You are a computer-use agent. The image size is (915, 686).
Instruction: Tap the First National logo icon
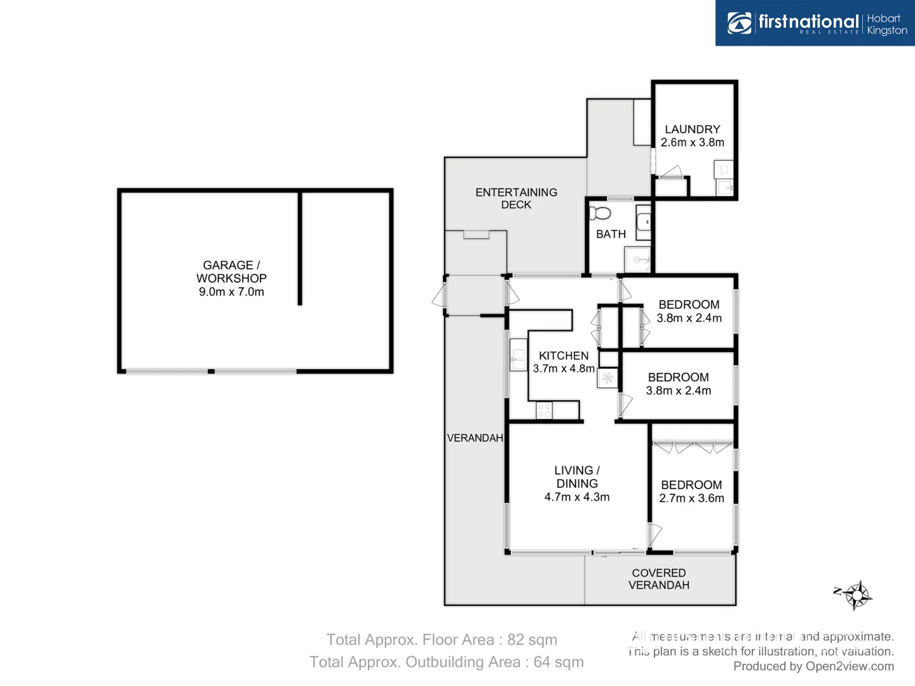(740, 23)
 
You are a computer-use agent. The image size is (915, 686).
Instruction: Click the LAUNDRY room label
(692, 129)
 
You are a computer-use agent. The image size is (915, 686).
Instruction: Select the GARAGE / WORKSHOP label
(231, 272)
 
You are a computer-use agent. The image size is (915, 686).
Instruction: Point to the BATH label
(611, 234)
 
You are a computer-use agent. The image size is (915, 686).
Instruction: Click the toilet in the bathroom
(600, 213)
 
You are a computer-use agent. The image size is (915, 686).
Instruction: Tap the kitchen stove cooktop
(545, 410)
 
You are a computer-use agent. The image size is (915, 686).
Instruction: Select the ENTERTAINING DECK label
(516, 198)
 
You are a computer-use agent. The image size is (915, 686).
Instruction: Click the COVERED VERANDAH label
(659, 579)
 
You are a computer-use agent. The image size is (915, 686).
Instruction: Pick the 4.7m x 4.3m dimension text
(577, 497)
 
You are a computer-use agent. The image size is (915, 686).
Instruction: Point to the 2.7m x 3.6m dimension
(691, 499)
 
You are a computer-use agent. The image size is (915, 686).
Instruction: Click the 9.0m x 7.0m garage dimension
(231, 292)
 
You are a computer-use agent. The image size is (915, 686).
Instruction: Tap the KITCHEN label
(564, 356)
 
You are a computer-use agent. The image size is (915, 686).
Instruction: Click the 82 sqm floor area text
(532, 640)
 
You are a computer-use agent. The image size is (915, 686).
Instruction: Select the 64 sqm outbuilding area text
(559, 662)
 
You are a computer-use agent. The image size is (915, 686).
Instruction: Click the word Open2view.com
(850, 666)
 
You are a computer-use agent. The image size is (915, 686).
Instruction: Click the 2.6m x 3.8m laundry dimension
(692, 143)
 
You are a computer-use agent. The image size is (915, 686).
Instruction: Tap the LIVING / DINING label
(577, 477)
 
